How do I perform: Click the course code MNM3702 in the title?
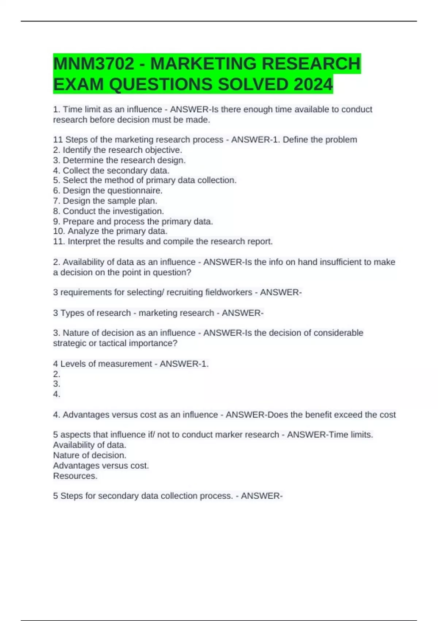tap(93, 64)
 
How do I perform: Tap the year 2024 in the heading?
tap(313, 84)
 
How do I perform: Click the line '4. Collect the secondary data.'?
tap(111, 170)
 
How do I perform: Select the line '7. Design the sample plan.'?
tap(105, 201)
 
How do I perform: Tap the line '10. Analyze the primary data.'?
tap(110, 231)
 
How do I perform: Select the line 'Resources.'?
tap(75, 476)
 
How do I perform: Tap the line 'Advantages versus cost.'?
tap(101, 465)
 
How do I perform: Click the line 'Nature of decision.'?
tap(90, 455)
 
